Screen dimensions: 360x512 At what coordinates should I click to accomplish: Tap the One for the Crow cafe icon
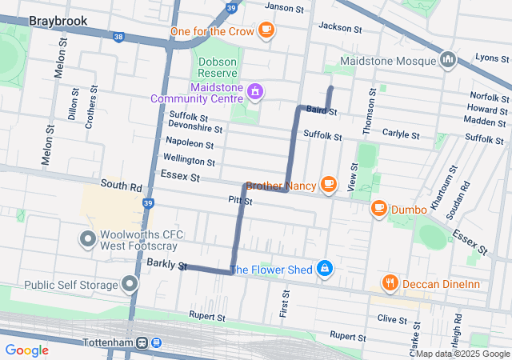point(266,31)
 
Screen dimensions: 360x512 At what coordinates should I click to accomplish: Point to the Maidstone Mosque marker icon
point(448,60)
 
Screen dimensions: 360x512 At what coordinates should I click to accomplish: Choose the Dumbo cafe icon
point(378,209)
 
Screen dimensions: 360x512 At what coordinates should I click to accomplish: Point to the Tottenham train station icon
point(148,342)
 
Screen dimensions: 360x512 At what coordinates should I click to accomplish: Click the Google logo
point(27,350)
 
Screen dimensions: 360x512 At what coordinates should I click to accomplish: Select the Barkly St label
point(166,265)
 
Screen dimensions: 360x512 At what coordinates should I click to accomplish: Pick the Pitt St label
point(240,201)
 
